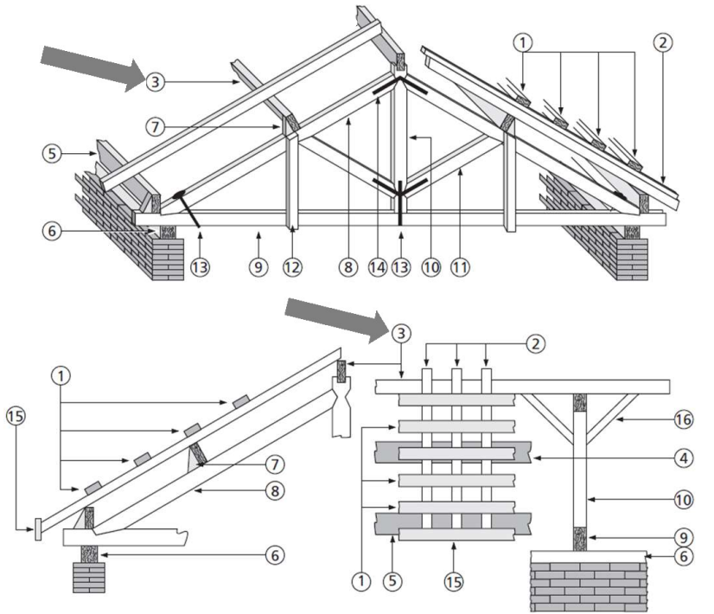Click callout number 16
pos(684,419)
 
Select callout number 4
pos(684,457)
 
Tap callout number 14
pos(378,267)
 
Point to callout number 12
pos(292,267)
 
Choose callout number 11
pos(460,267)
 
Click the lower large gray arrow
pos(336,319)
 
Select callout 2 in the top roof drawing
pos(662,42)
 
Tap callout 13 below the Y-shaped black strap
pos(401,267)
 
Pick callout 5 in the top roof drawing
pos(52,154)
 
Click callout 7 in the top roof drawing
pos(156,126)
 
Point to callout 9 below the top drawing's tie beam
pos(258,267)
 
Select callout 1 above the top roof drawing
pos(522,43)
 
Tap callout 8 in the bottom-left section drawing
pos(275,491)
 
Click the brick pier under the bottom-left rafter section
pos(89,578)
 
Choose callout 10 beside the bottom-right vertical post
pos(684,500)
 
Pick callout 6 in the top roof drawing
pos(52,231)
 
